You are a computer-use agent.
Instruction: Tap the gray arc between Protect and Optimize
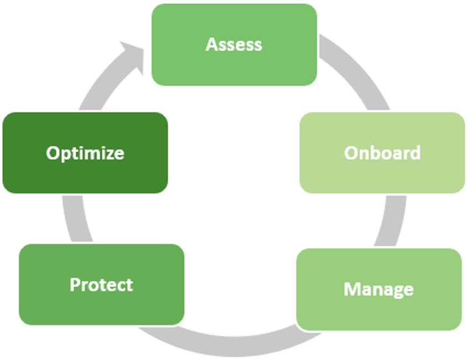(72, 219)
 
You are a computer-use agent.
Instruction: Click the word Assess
(234, 44)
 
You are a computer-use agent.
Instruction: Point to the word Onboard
(382, 152)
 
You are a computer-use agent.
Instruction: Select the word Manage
(378, 289)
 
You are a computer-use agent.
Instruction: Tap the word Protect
(101, 285)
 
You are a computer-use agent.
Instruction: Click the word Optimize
(85, 153)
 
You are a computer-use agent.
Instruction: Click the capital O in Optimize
(53, 153)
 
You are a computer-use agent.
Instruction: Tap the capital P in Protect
(75, 285)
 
